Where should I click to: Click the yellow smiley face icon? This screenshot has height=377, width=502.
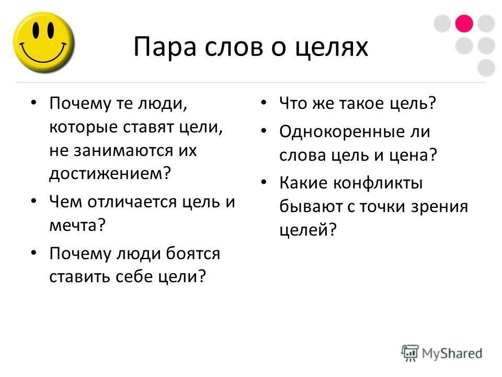44,42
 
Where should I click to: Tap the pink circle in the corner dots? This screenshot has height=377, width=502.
464,24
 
